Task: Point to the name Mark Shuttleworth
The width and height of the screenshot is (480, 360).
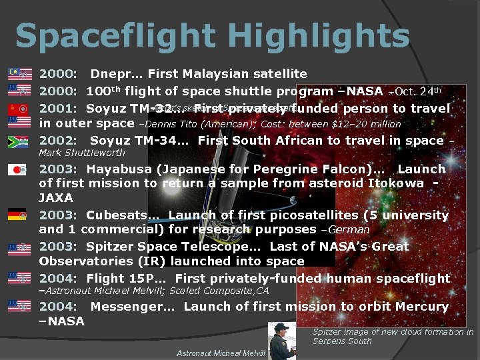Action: (82, 153)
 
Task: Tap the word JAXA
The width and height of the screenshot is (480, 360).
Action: (56, 198)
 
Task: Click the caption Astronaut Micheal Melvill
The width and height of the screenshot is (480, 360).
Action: (221, 353)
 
